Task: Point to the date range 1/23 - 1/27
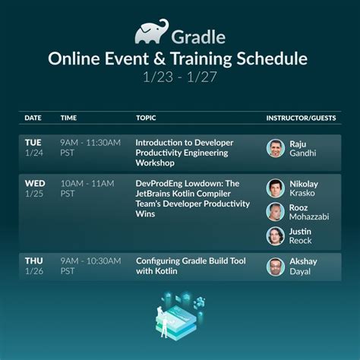[180, 77]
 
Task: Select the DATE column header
[33, 118]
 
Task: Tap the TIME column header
[69, 118]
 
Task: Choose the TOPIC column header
[146, 118]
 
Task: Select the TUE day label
[33, 142]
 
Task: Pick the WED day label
[33, 183]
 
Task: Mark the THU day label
[33, 261]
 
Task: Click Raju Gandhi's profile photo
[275, 148]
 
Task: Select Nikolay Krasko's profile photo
[275, 188]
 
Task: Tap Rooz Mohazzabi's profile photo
[275, 212]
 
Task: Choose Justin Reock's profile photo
[275, 236]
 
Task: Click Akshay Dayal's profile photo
[275, 267]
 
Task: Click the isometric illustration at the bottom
[179, 318]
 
